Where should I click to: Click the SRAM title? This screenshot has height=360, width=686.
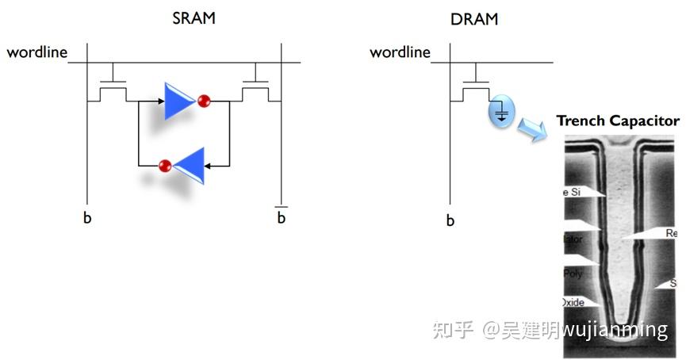[194, 18]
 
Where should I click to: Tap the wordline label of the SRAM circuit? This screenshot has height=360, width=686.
[36, 52]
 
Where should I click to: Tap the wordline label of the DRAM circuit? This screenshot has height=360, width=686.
[400, 52]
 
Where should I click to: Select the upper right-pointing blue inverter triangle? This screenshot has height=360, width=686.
[178, 101]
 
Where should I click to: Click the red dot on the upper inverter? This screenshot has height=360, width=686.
[204, 101]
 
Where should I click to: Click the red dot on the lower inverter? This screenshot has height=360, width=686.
[165, 166]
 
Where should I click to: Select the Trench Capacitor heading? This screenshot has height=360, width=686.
[617, 121]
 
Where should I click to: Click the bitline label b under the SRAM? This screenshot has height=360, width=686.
[87, 216]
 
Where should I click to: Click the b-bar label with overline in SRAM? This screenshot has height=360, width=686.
[281, 216]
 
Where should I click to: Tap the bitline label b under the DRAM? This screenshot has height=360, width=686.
[450, 220]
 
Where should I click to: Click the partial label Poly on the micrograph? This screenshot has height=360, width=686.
[573, 273]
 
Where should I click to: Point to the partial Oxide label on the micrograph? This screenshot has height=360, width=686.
[573, 302]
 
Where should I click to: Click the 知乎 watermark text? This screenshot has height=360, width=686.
[454, 330]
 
